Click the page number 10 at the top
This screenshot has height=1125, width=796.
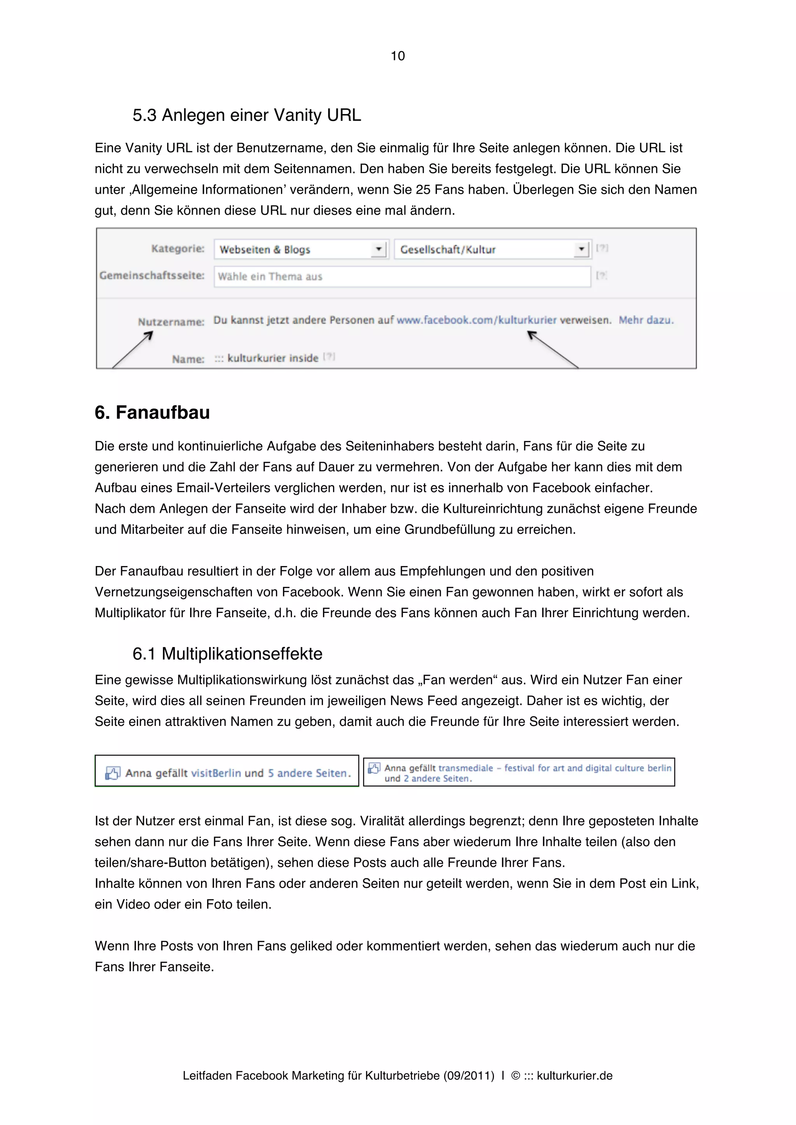pyautogui.click(x=397, y=56)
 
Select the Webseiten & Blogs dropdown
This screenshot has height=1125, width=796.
pyautogui.click(x=301, y=249)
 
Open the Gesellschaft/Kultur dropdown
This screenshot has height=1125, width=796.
pyautogui.click(x=492, y=249)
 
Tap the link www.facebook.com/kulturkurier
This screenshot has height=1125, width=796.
pyautogui.click(x=476, y=320)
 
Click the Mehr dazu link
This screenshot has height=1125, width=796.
pyautogui.click(x=646, y=320)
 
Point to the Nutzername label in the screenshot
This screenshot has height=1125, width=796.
pyautogui.click(x=171, y=322)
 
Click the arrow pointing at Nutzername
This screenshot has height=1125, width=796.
pyautogui.click(x=133, y=349)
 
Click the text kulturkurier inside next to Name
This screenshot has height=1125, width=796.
pyautogui.click(x=273, y=358)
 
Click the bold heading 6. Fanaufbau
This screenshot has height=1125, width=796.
pyautogui.click(x=152, y=413)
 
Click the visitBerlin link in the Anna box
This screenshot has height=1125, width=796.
pyautogui.click(x=216, y=773)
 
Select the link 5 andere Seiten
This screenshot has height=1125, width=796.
pyautogui.click(x=309, y=773)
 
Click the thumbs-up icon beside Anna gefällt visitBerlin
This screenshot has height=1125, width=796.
pyautogui.click(x=112, y=773)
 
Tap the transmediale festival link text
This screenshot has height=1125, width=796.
pyautogui.click(x=554, y=768)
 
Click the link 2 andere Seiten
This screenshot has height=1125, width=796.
pyautogui.click(x=438, y=779)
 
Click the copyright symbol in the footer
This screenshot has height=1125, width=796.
pyautogui.click(x=515, y=1076)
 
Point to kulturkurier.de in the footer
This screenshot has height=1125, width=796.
pyautogui.click(x=574, y=1076)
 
